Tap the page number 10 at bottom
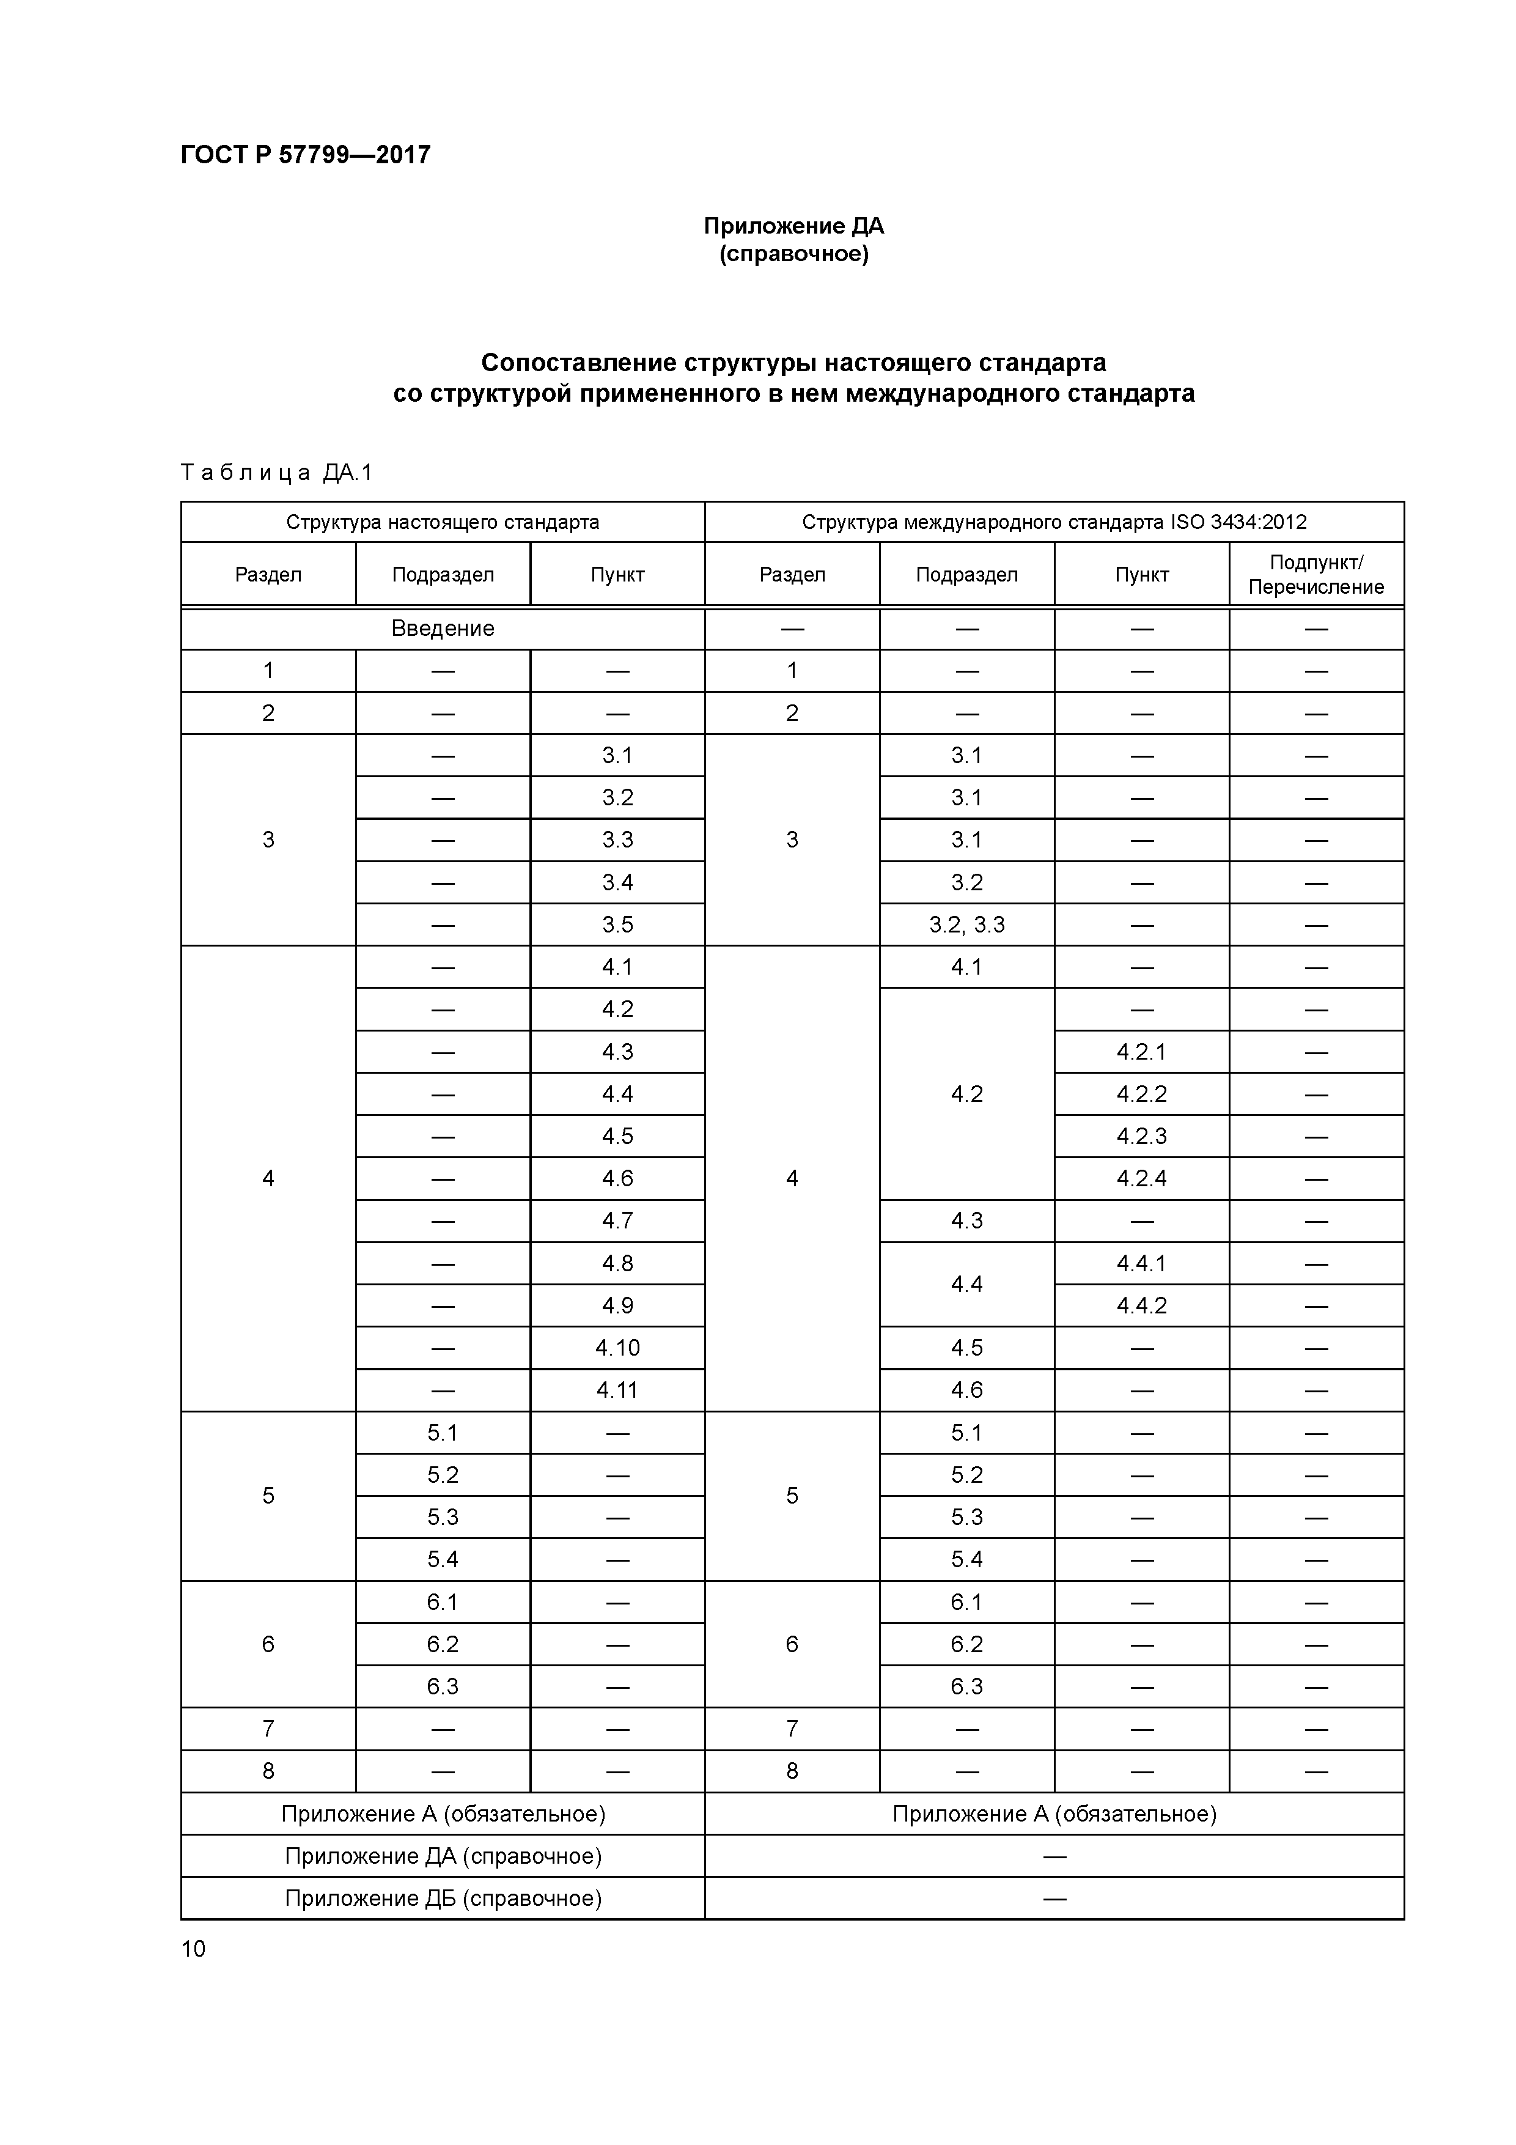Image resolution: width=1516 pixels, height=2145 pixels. [x=193, y=1948]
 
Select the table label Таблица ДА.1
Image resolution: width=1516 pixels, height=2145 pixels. [x=276, y=473]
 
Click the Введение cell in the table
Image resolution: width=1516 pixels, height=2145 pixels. [x=442, y=629]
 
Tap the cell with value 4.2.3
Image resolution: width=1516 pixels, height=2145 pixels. [x=1141, y=1136]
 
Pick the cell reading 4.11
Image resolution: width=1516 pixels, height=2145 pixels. [x=617, y=1390]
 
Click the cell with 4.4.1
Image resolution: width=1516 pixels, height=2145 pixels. [x=1141, y=1263]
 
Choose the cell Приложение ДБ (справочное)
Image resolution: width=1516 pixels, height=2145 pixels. [x=442, y=1899]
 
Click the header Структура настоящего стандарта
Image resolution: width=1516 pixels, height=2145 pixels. [x=442, y=522]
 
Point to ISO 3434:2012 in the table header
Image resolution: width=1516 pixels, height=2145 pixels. [x=1238, y=522]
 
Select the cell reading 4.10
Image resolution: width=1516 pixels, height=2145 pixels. [x=617, y=1347]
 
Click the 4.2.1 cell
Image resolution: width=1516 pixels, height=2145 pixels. [x=1141, y=1052]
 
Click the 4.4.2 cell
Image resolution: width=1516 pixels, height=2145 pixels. [x=1141, y=1305]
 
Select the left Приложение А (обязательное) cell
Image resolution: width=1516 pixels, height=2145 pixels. [x=442, y=1814]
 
